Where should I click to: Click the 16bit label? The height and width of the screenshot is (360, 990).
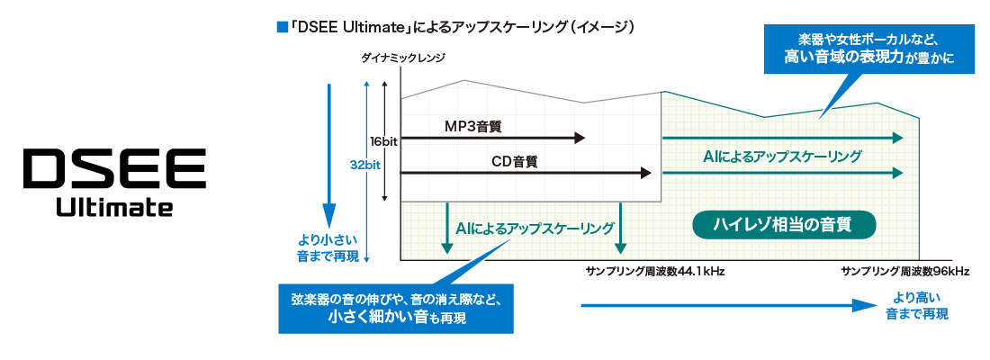(383, 141)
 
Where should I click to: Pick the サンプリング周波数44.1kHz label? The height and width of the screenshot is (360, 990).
(643, 271)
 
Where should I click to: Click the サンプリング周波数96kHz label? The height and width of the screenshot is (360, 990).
(904, 271)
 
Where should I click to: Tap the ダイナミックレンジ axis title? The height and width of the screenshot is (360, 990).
(402, 58)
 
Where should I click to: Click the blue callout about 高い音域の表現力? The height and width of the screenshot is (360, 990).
(868, 50)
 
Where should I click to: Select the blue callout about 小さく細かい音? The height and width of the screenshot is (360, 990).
(396, 308)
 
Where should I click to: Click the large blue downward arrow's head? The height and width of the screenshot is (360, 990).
(328, 217)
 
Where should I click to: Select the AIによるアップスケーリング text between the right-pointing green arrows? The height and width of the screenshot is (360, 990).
(782, 156)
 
